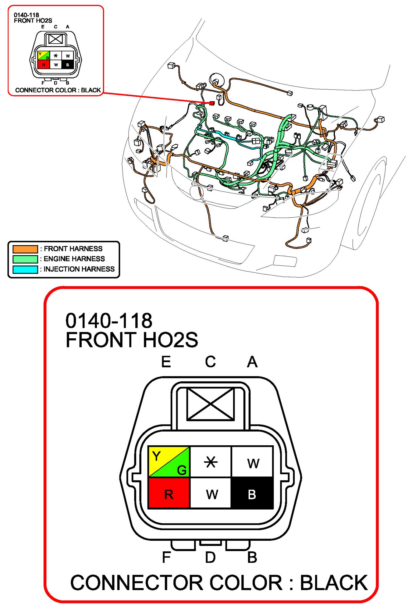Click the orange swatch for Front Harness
point(25,249)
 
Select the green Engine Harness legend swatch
point(25,259)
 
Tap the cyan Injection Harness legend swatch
point(25,269)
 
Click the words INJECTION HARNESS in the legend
point(79,269)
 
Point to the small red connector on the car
point(212,103)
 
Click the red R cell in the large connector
point(169,493)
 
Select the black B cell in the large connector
point(252,493)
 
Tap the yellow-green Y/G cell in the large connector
point(169,462)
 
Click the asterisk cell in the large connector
point(210,462)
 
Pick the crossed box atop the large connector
point(211,404)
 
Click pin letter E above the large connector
point(166,362)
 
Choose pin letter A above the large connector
point(252,362)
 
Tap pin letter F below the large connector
point(166,557)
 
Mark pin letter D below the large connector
point(210,557)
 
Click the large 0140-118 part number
point(109,321)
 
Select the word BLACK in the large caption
point(334,583)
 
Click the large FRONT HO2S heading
point(132,340)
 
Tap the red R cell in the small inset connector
point(44,65)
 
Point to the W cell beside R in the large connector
point(210,493)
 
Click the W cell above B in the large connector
point(252,462)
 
